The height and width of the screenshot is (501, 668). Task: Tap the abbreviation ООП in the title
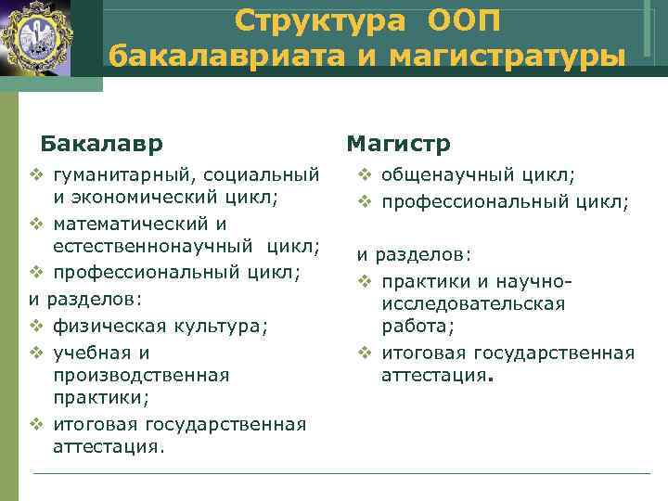[x=464, y=19]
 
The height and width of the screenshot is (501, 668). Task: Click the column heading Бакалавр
[x=102, y=144]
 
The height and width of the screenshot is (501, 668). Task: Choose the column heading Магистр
[x=398, y=144]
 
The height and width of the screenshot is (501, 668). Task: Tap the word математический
[x=127, y=224]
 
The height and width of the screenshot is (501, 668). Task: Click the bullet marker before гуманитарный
[x=36, y=173]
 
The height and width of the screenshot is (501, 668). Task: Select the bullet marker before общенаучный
[x=366, y=173]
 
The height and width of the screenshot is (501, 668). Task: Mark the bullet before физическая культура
[x=36, y=325]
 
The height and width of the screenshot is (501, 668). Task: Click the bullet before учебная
[x=36, y=353]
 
